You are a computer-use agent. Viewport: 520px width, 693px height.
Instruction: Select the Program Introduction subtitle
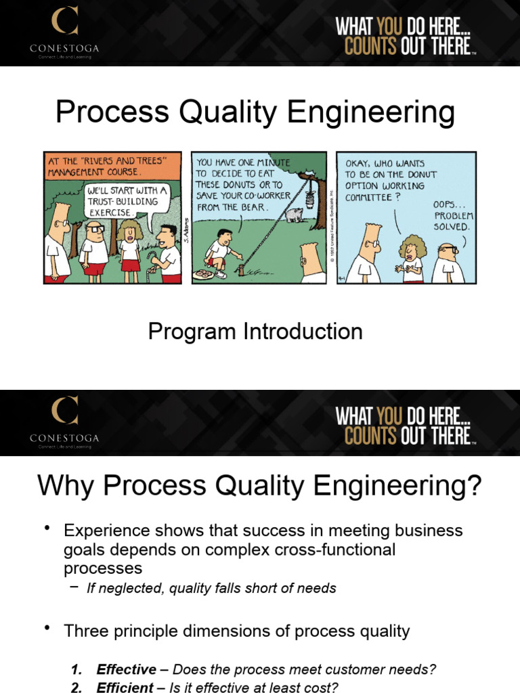(255, 332)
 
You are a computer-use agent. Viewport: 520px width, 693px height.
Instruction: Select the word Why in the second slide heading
(66, 485)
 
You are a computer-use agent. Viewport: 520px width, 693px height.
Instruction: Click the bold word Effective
(126, 669)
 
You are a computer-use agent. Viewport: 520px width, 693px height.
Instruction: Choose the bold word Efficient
(125, 688)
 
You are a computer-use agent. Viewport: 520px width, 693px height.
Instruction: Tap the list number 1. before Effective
(77, 669)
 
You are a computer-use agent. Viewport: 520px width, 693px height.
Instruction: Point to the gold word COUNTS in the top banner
(369, 47)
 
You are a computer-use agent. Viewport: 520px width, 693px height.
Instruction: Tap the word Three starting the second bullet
(83, 631)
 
